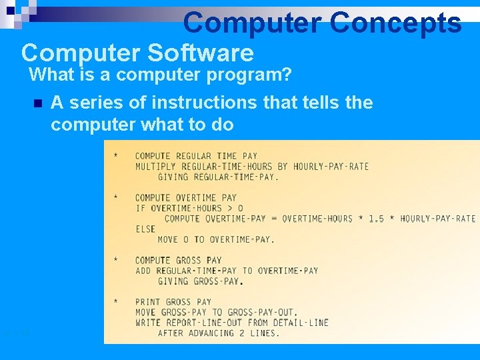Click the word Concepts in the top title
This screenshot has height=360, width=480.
[x=395, y=23]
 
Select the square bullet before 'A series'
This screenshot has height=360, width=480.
[x=37, y=104]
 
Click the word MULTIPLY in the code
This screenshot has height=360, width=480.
[x=157, y=167]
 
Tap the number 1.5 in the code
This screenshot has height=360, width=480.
[x=377, y=219]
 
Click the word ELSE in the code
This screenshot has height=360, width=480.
[x=145, y=229]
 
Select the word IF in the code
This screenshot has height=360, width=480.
[x=140, y=208]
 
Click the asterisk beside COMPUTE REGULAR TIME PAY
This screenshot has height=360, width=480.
[x=116, y=156]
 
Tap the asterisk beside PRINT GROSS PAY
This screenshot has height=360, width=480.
[x=116, y=302]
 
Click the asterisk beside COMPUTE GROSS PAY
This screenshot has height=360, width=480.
[x=116, y=260]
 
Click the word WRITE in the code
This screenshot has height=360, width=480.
[x=149, y=323]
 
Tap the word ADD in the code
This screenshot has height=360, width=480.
[x=143, y=271]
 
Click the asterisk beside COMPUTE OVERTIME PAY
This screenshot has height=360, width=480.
[x=116, y=198]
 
